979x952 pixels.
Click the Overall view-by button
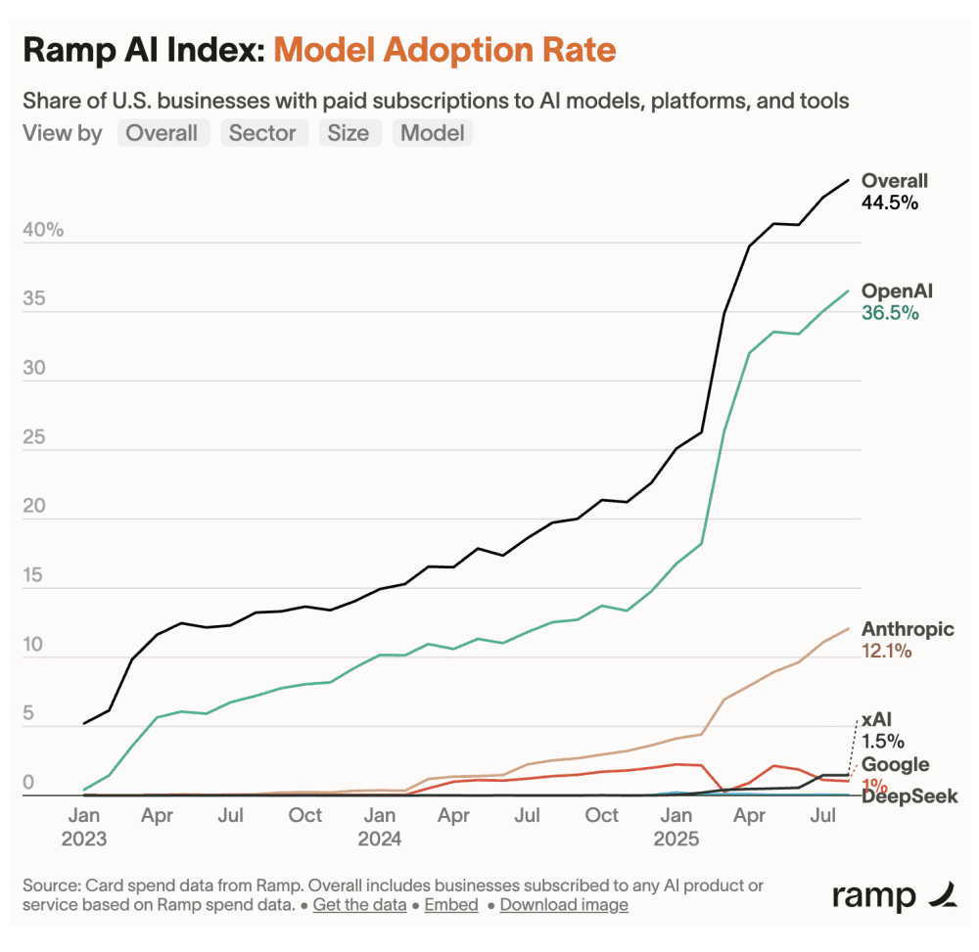(x=163, y=133)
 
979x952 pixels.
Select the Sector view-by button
(x=263, y=133)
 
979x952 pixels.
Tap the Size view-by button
(x=348, y=133)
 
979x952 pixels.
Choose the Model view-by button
(x=432, y=133)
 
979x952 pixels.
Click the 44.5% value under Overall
(x=889, y=203)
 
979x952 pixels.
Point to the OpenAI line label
(x=897, y=292)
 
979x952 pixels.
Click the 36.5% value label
(x=889, y=313)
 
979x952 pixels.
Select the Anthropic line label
(x=908, y=629)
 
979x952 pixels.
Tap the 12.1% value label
(x=886, y=651)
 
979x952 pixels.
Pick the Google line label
(x=895, y=764)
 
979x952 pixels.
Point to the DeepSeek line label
(x=909, y=796)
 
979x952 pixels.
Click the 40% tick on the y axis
(x=44, y=231)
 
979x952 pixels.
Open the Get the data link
(x=359, y=905)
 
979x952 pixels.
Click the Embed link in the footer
(x=451, y=905)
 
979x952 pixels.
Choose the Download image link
(x=564, y=905)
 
